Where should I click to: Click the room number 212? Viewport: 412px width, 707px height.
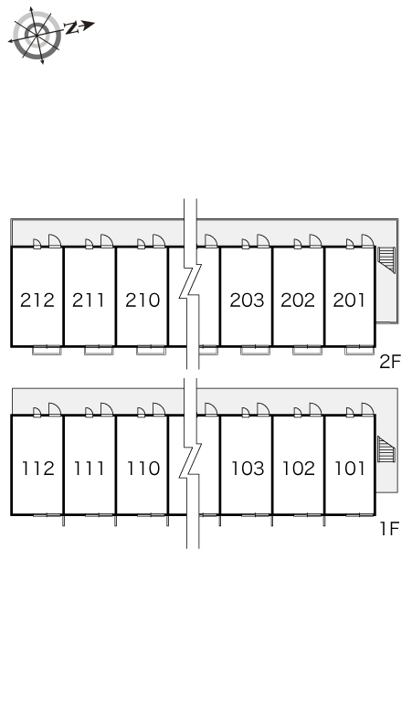point(37,300)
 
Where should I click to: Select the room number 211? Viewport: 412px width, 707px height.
point(89,300)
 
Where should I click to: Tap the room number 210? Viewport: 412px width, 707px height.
point(143,300)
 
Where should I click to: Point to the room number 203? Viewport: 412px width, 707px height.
point(247,300)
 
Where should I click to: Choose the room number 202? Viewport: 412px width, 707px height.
point(298,300)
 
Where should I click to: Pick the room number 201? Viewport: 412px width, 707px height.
point(349,300)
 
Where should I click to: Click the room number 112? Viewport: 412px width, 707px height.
point(38,469)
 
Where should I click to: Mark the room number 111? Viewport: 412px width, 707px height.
point(90,469)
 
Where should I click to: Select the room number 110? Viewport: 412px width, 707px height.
point(143,469)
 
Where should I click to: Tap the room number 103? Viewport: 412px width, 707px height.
point(248,469)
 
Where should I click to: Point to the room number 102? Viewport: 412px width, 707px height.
point(299,469)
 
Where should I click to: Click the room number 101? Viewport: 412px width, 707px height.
point(350,469)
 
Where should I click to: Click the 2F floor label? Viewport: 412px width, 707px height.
point(390,362)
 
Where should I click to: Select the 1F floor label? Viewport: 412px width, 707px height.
point(389,529)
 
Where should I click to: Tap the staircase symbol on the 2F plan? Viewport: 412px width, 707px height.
point(386,260)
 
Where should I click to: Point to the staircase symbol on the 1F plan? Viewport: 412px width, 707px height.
point(386,449)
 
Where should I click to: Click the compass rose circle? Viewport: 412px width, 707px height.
point(37,36)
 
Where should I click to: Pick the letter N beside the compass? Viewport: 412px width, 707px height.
point(71,28)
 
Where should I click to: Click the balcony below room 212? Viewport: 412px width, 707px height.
point(47,351)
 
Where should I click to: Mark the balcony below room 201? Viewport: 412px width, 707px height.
point(359,351)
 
